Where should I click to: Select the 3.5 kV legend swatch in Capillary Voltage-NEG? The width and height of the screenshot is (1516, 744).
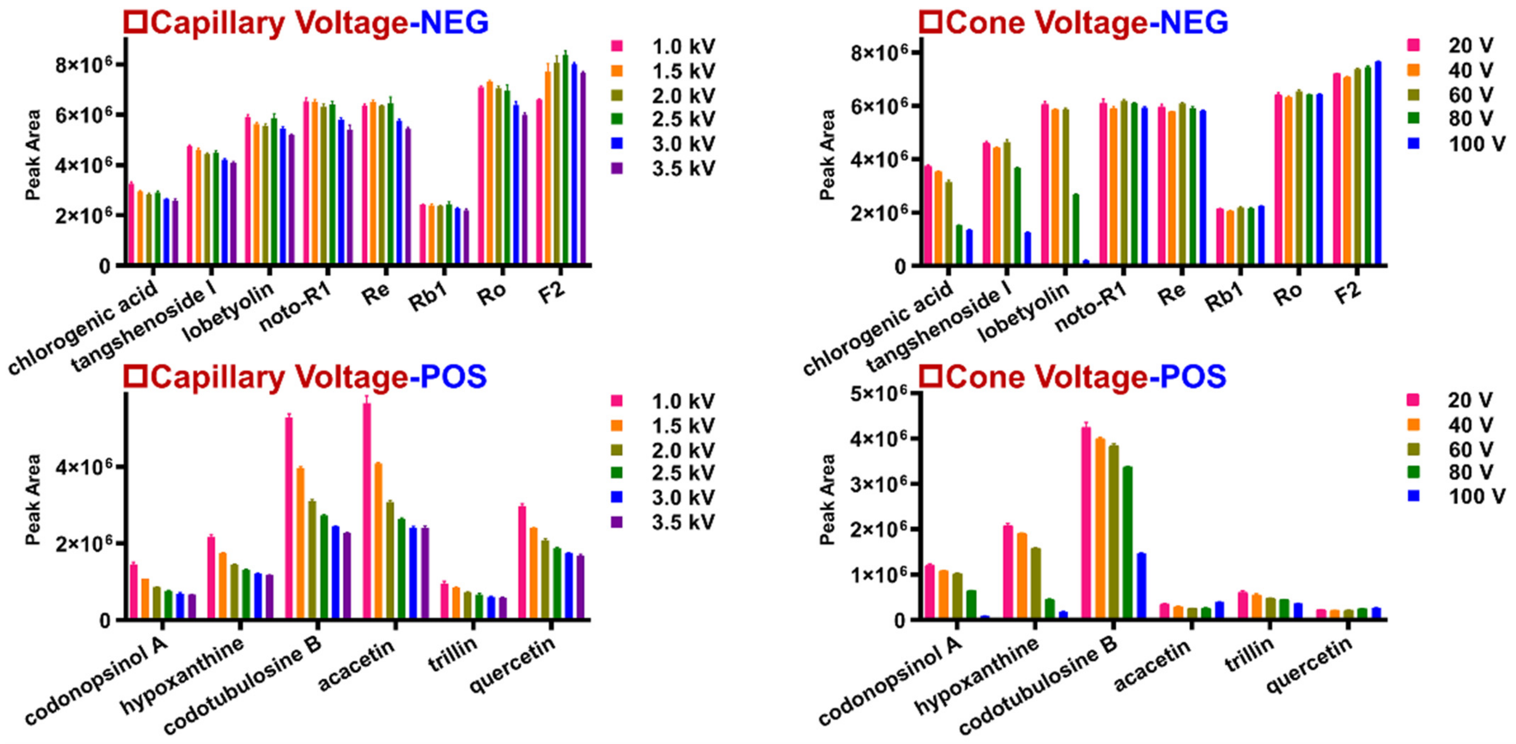pyautogui.click(x=617, y=168)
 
